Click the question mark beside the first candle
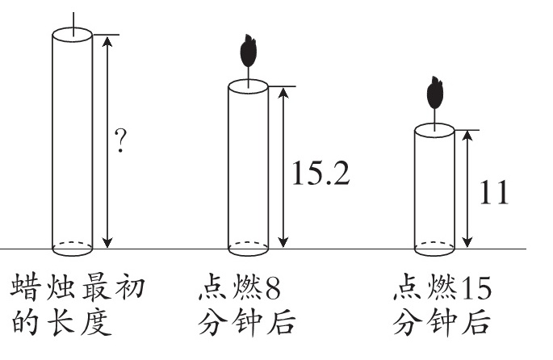[121, 143]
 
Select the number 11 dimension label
[494, 193]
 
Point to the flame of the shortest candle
[435, 92]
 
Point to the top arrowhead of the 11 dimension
[467, 134]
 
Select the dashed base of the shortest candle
[434, 245]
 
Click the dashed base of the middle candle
[248, 245]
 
